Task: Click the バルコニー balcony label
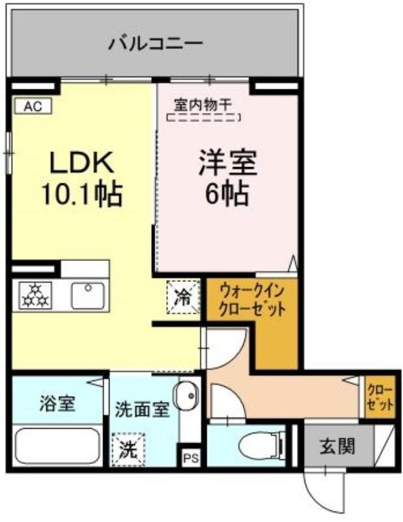(155, 44)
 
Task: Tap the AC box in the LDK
(33, 106)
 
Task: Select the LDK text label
(82, 162)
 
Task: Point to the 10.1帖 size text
(82, 194)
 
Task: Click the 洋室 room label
(228, 162)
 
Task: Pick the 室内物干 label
(203, 105)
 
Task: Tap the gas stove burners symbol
(35, 296)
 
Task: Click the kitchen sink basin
(88, 296)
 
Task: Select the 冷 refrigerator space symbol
(183, 297)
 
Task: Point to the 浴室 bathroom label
(57, 403)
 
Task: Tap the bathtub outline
(57, 446)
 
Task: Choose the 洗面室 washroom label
(142, 410)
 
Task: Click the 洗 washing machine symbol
(128, 450)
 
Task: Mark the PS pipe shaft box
(190, 459)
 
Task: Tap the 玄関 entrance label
(337, 446)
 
